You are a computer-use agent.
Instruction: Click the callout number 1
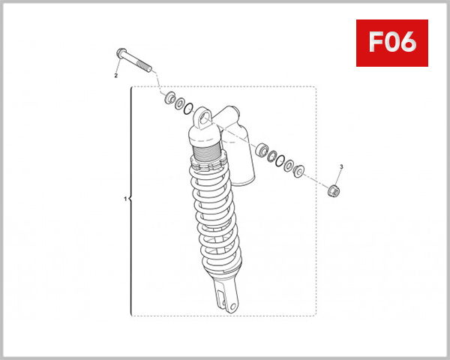tap(124, 199)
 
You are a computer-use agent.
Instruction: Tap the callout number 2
tap(116, 76)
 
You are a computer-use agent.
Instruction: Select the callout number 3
tap(341, 166)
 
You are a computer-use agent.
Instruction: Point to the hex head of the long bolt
tap(122, 54)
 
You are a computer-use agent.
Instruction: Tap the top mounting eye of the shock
tap(205, 115)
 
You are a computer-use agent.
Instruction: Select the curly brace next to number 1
tap(131, 199)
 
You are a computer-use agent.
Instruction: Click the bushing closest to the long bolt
tap(170, 98)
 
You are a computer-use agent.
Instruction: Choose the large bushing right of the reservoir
tap(262, 150)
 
